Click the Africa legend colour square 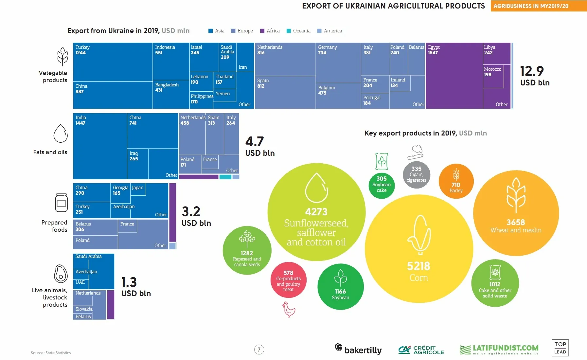click(262, 31)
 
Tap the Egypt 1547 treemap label click(434, 50)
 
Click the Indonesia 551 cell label click(165, 50)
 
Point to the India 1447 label click(80, 120)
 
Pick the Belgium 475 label click(327, 90)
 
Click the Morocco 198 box click(493, 76)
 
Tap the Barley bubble click(456, 181)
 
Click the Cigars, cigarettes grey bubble click(416, 174)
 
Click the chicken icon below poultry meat click(289, 309)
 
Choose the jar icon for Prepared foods click(62, 203)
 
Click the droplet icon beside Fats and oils click(61, 134)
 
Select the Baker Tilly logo click(358, 349)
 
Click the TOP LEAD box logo click(560, 348)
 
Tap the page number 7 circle click(259, 350)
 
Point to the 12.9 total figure click(532, 71)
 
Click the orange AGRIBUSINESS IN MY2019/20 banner click(538, 6)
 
